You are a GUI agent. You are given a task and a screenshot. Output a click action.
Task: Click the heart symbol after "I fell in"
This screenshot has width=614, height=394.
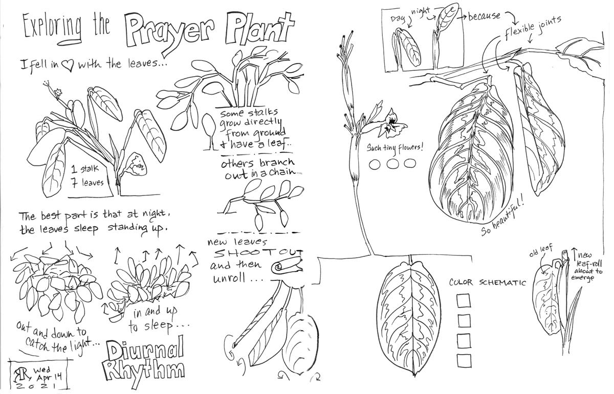(67, 65)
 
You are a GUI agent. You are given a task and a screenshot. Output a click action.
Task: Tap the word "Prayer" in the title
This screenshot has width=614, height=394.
(173, 32)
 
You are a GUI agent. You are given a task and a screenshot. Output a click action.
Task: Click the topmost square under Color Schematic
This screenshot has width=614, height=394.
(464, 301)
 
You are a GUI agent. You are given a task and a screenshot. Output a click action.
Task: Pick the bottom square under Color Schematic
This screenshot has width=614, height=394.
(464, 361)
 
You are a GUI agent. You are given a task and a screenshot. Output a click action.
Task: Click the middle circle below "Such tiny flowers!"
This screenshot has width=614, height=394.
(392, 164)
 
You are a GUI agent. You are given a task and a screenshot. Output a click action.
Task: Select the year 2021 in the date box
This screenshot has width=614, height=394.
(36, 386)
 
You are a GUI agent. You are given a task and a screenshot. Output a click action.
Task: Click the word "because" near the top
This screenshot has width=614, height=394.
(484, 16)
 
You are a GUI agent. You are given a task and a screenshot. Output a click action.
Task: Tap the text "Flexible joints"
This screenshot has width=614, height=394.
(533, 27)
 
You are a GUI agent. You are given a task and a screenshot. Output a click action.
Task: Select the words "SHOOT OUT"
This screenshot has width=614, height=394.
(258, 253)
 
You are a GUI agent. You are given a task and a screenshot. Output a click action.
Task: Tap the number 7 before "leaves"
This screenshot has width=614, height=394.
(75, 182)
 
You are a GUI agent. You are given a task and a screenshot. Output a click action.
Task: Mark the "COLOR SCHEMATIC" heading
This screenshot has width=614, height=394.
(487, 282)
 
